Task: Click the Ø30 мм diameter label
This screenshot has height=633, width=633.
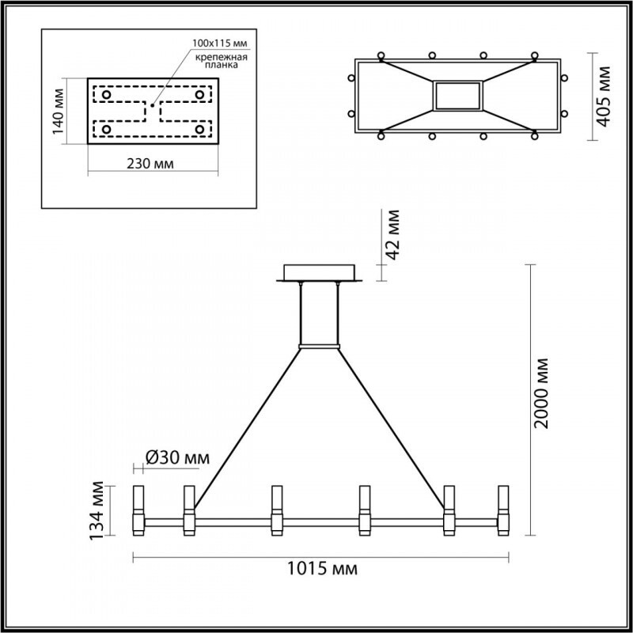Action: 179,457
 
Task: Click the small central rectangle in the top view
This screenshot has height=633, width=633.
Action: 457,96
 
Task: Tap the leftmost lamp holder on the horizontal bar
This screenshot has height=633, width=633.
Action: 137,510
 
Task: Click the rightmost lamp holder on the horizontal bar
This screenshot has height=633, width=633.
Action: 502,510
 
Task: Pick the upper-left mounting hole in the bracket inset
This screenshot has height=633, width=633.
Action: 107,95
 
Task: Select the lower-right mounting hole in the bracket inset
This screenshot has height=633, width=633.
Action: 199,128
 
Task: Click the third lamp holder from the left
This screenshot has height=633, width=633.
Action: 276,510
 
